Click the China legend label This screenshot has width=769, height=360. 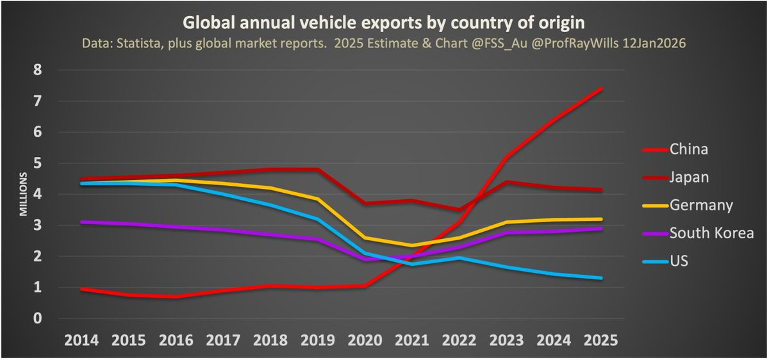[689, 150]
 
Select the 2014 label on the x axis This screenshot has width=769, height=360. [82, 340]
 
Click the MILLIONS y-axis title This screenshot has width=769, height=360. [24, 193]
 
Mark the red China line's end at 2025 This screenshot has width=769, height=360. [601, 89]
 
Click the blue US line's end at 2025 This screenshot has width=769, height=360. [601, 278]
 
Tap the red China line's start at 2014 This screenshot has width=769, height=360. [82, 290]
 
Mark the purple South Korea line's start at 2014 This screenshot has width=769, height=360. [82, 222]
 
